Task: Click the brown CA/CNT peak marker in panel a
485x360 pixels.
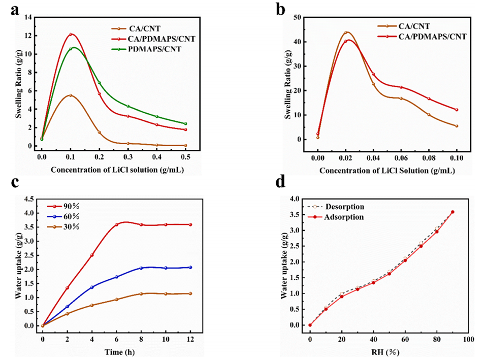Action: click(x=70, y=95)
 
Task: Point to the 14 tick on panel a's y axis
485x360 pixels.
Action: click(x=30, y=17)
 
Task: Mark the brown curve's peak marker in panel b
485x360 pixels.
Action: click(x=346, y=32)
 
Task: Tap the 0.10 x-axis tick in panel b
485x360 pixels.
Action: click(x=457, y=150)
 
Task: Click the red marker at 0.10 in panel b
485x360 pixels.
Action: click(x=457, y=110)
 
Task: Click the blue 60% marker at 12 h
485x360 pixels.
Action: click(x=190, y=267)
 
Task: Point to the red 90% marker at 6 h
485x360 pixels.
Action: click(x=116, y=224)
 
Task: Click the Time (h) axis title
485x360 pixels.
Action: click(x=116, y=351)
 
